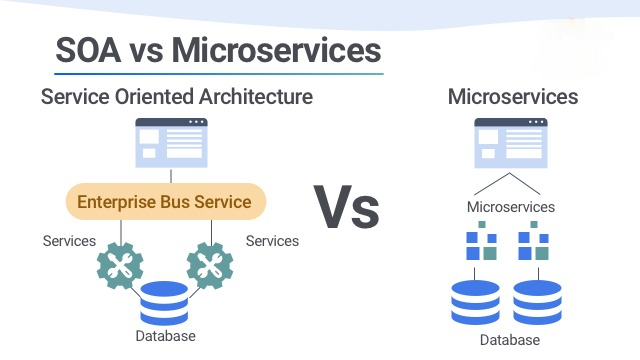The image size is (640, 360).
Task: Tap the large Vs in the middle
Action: pyautogui.click(x=348, y=206)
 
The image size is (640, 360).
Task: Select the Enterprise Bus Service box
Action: pyautogui.click(x=165, y=202)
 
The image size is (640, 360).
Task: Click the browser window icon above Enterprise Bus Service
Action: pyautogui.click(x=171, y=143)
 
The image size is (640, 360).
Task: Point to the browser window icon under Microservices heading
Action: pyautogui.click(x=510, y=143)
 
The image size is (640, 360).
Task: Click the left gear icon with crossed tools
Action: pyautogui.click(x=121, y=267)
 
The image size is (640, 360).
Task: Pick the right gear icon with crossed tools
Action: pyautogui.click(x=210, y=267)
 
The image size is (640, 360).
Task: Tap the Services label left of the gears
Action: pyautogui.click(x=69, y=241)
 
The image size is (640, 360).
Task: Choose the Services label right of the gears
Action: pyautogui.click(x=272, y=241)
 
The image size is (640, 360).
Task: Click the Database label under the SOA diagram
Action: pyautogui.click(x=165, y=336)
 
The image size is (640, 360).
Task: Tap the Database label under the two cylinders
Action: pyautogui.click(x=510, y=340)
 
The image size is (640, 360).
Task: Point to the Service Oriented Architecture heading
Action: pyautogui.click(x=177, y=97)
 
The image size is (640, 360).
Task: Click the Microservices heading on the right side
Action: pyautogui.click(x=513, y=97)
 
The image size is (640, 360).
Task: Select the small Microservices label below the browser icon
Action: pyautogui.click(x=510, y=207)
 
